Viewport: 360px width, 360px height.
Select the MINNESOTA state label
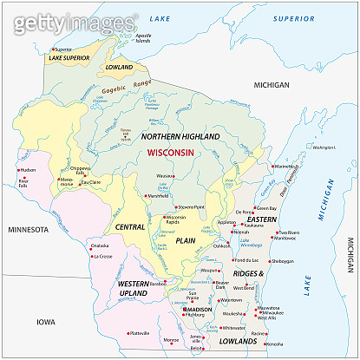click(29, 230)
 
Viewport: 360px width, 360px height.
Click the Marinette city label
click(285, 166)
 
